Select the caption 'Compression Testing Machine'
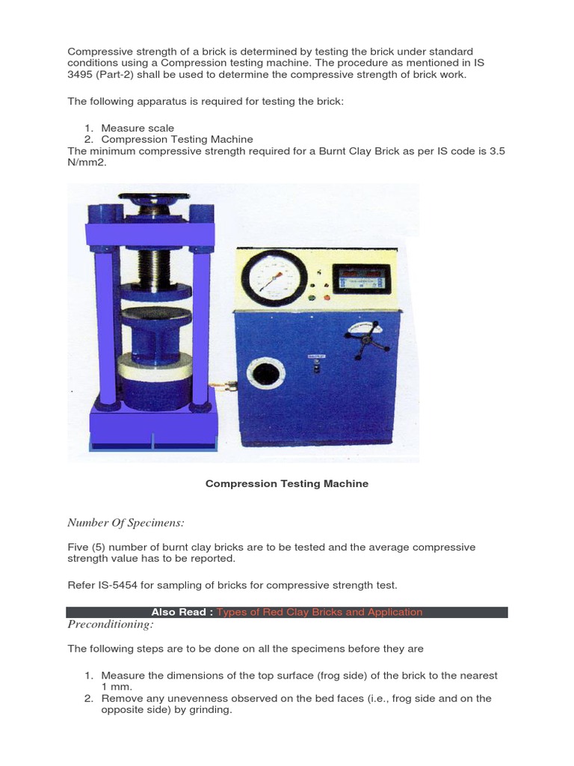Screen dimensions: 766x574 point(287,484)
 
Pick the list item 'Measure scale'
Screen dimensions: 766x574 point(138,128)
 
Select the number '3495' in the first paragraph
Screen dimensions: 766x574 point(81,75)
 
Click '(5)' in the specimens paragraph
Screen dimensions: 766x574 point(103,548)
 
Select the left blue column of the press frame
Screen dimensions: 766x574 point(105,322)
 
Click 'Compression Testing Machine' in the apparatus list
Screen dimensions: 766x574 point(177,139)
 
